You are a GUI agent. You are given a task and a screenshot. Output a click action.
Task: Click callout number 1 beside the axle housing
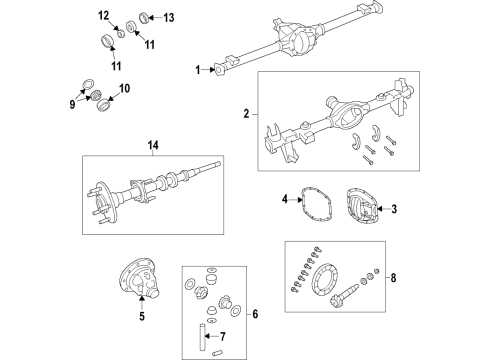coord(198,69)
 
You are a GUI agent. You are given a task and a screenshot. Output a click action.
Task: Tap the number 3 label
coord(393,208)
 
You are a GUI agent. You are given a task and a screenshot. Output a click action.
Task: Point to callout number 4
coord(285,200)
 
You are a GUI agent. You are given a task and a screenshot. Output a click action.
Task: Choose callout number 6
coord(254,314)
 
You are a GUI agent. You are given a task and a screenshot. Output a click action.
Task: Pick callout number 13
coord(168,17)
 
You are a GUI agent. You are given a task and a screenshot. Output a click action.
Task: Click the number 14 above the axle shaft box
coord(153,147)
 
